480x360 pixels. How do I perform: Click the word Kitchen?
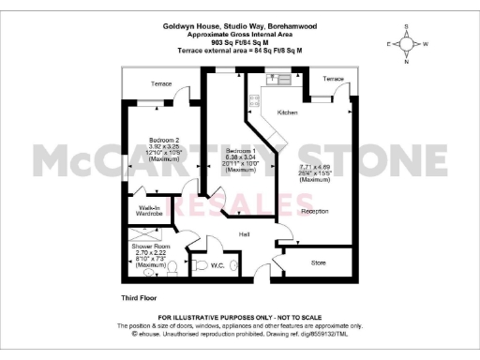(287, 112)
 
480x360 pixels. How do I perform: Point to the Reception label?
(315, 211)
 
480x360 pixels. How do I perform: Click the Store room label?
(320, 263)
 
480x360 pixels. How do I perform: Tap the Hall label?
(244, 234)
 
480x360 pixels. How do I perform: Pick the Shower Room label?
(151, 247)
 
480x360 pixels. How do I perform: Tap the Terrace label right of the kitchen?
(333, 79)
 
